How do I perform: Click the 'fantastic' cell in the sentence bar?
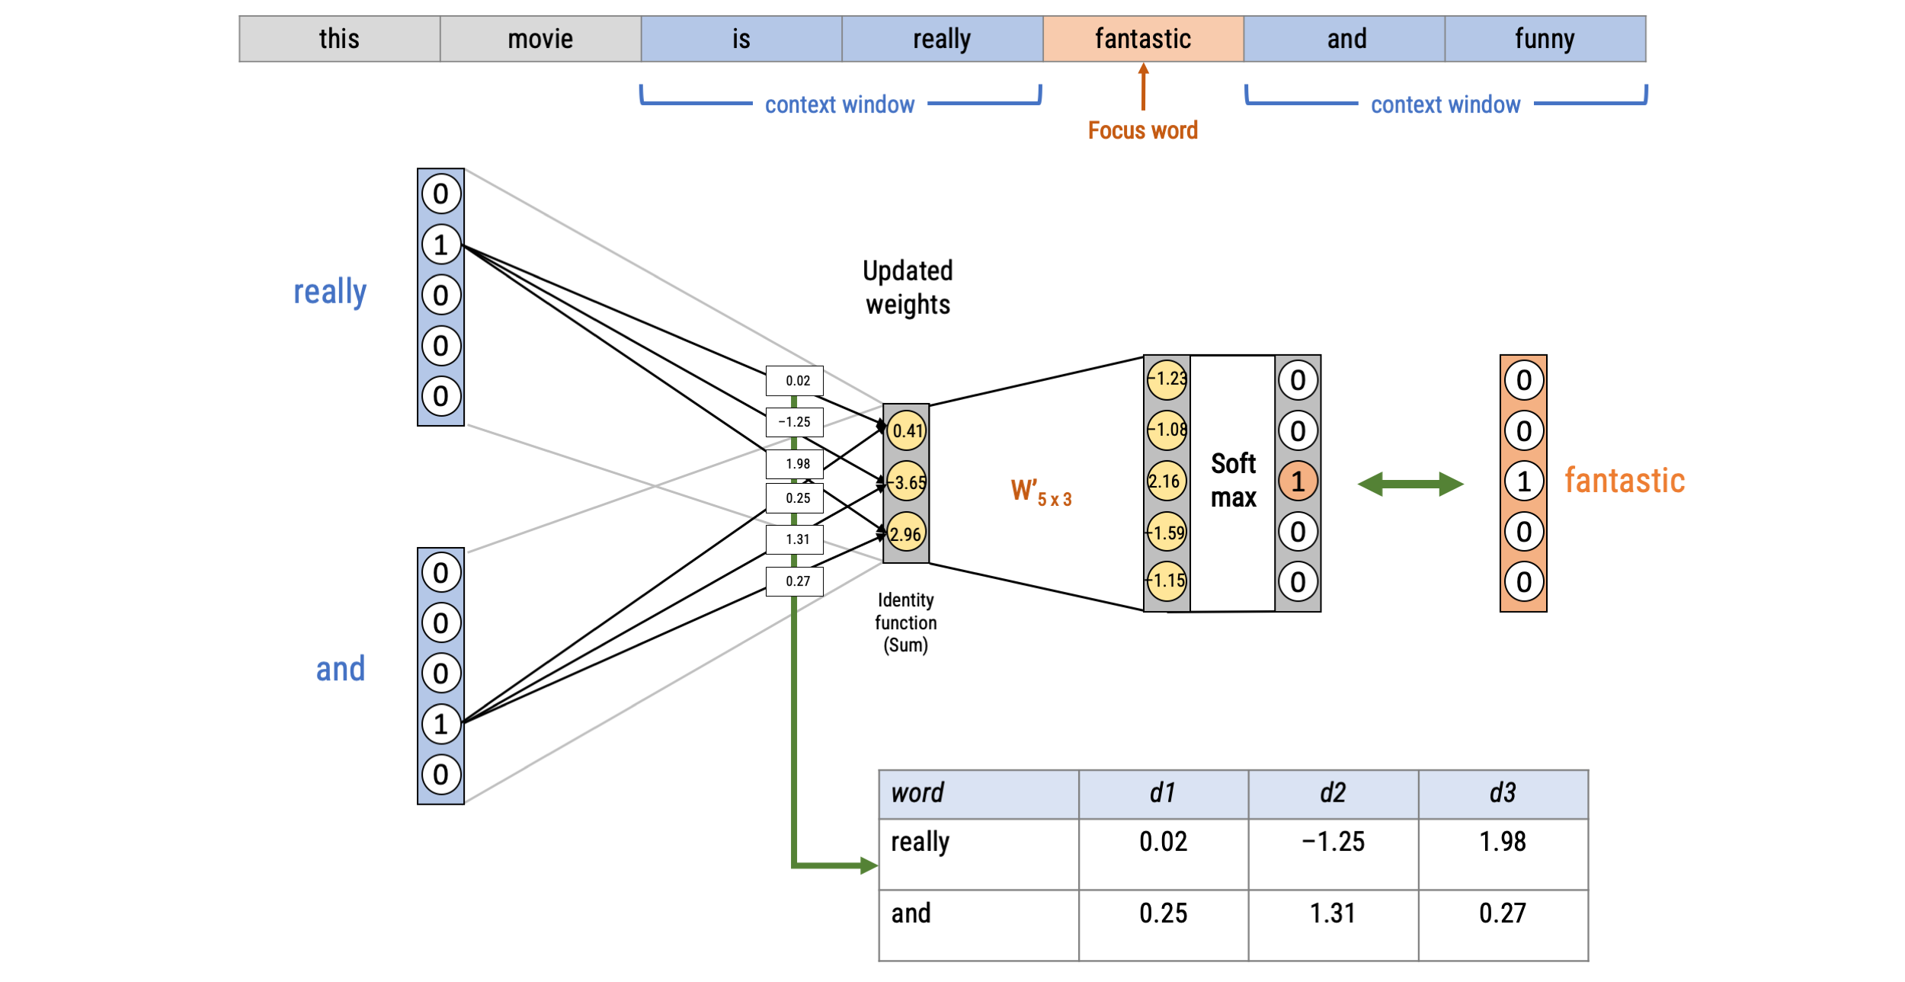pyautogui.click(x=1142, y=39)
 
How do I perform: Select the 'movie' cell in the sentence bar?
pyautogui.click(x=540, y=39)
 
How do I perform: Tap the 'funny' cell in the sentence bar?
pyautogui.click(x=1544, y=39)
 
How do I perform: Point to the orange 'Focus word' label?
pyautogui.click(x=1142, y=130)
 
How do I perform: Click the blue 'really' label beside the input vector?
pyautogui.click(x=330, y=292)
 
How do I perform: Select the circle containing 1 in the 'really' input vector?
pyautogui.click(x=441, y=245)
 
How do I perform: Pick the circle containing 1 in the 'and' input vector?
pyautogui.click(x=441, y=724)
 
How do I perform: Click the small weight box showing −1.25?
pyautogui.click(x=794, y=422)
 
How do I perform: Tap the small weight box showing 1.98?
pyautogui.click(x=794, y=464)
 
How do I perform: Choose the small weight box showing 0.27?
pyautogui.click(x=794, y=581)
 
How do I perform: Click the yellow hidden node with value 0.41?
pyautogui.click(x=906, y=430)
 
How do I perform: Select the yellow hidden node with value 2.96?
pyautogui.click(x=906, y=534)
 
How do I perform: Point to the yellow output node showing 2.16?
pyautogui.click(x=1166, y=481)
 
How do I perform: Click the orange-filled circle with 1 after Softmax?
pyautogui.click(x=1298, y=481)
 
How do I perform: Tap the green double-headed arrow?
pyautogui.click(x=1410, y=484)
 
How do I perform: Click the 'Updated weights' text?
pyautogui.click(x=908, y=288)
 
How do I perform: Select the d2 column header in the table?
pyautogui.click(x=1333, y=793)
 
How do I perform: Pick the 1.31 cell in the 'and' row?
pyautogui.click(x=1333, y=913)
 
